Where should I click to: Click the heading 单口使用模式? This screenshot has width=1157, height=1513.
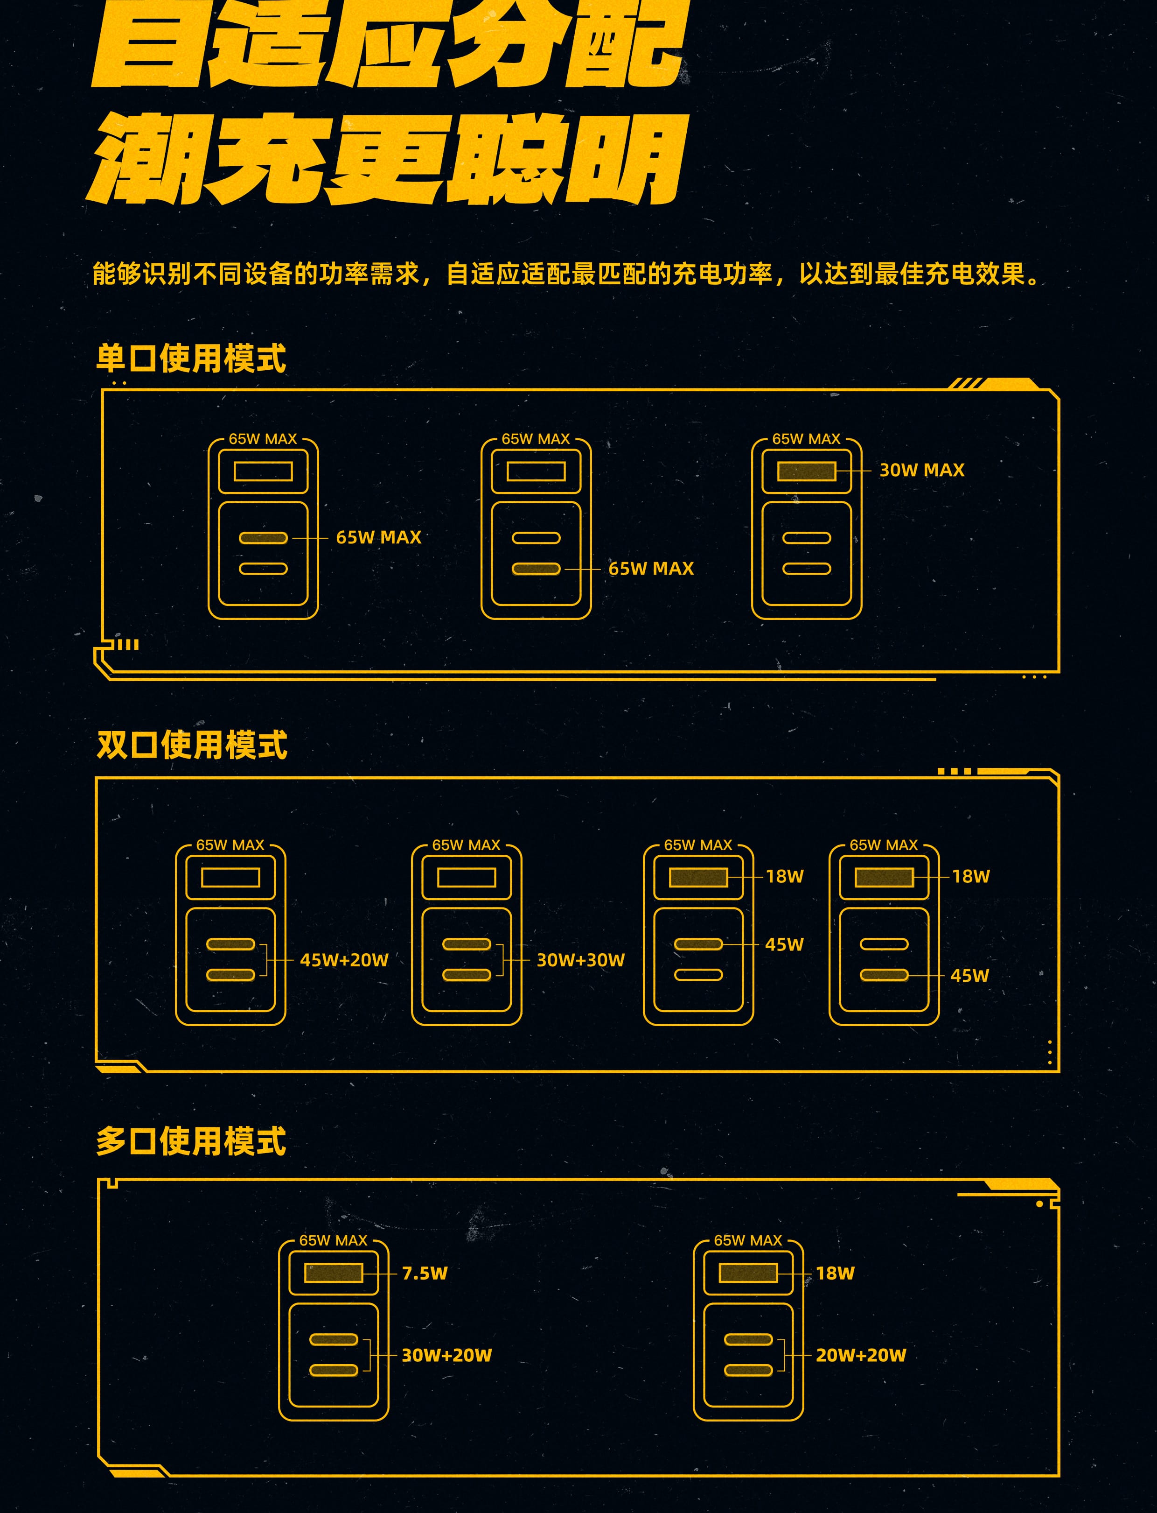[x=191, y=358]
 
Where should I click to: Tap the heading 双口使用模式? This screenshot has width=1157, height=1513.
[x=191, y=745]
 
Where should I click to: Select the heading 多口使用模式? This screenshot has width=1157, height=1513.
[x=191, y=1141]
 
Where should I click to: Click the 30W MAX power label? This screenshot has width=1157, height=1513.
[x=921, y=470]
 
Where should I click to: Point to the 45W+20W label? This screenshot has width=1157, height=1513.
[x=344, y=960]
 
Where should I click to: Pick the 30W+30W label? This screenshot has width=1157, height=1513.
[x=580, y=960]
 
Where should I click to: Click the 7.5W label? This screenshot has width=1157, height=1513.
[x=424, y=1273]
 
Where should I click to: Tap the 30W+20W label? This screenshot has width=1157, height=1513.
[x=446, y=1355]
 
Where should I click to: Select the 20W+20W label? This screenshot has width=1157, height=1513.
[x=860, y=1355]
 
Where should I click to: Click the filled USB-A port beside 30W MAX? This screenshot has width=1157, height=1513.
[x=807, y=471]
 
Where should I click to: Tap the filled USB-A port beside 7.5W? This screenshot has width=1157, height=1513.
[x=333, y=1273]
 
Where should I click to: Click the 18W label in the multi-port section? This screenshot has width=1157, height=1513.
[x=835, y=1273]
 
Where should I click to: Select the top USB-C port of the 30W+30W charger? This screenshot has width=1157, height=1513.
[x=466, y=944]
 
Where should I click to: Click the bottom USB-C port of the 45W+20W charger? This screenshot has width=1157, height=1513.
[x=230, y=974]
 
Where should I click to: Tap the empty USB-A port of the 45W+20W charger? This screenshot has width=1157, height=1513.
[x=230, y=877]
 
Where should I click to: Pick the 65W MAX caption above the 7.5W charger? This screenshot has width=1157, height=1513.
[x=333, y=1240]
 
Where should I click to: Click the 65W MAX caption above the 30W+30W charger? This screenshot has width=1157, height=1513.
[x=466, y=844]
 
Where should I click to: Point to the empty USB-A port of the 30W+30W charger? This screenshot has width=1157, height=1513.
[x=466, y=877]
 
